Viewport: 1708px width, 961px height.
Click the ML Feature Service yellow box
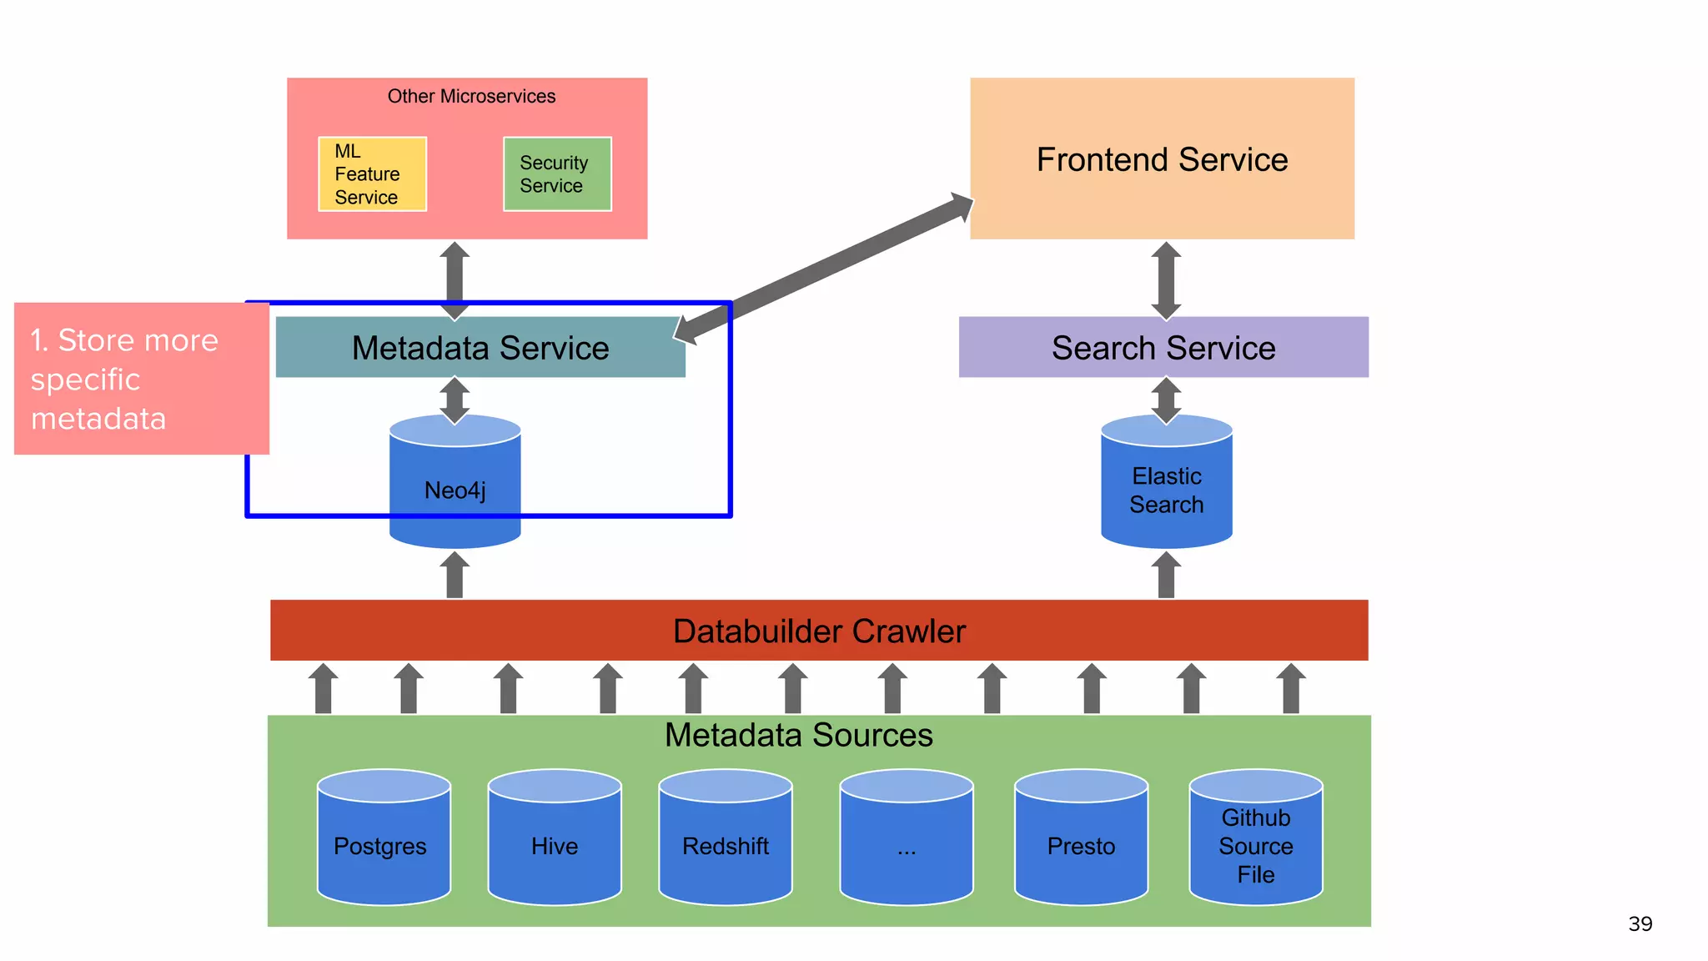[372, 174]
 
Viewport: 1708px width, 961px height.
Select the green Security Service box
[557, 174]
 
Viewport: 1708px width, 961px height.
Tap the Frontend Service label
[1162, 159]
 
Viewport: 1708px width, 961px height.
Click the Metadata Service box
[480, 348]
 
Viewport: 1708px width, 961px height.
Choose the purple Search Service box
[1163, 348]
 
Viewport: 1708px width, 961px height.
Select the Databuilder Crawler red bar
[819, 631]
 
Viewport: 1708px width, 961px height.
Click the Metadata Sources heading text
[798, 735]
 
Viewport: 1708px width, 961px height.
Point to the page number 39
[1640, 923]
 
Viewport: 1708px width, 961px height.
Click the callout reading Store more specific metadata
[141, 379]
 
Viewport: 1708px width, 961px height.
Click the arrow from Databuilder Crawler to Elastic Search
[1166, 575]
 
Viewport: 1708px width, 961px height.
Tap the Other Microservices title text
[471, 96]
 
